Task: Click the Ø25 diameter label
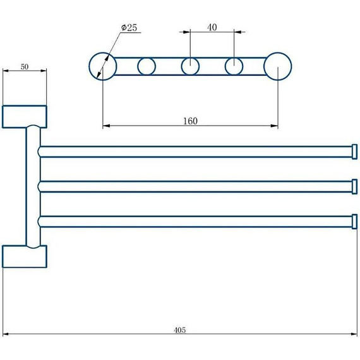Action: (x=129, y=28)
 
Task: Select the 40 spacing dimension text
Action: (x=212, y=27)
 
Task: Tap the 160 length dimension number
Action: (x=190, y=121)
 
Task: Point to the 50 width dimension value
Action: (x=25, y=66)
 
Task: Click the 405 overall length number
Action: (x=180, y=330)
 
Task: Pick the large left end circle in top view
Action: (x=89, y=66)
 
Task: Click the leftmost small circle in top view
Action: (x=138, y=66)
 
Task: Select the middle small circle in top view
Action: (x=181, y=66)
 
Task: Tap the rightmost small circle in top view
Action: (x=225, y=66)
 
